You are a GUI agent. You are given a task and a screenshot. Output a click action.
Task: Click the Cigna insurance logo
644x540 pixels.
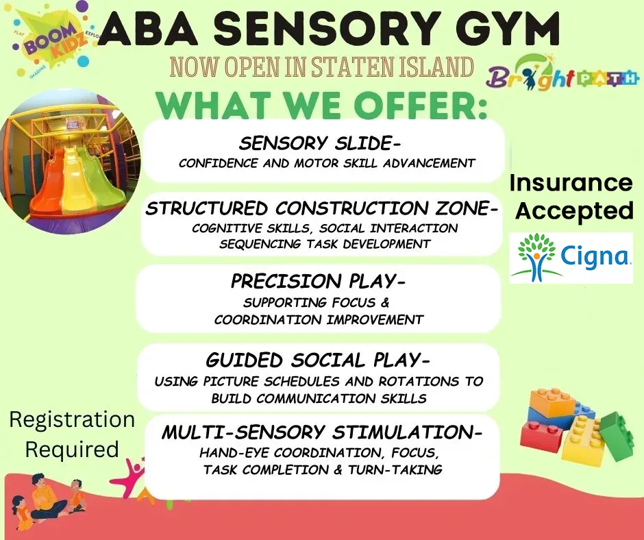(x=571, y=258)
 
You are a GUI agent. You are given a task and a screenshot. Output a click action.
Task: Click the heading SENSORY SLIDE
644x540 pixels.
(x=319, y=144)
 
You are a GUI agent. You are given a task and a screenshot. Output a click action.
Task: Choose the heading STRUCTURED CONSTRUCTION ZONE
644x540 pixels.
(x=322, y=208)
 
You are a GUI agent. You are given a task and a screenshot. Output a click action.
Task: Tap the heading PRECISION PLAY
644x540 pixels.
(x=318, y=282)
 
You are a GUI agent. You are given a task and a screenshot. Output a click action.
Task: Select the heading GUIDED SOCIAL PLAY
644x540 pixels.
(x=318, y=360)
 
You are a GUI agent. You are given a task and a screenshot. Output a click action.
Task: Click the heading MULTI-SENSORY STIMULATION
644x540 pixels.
(x=322, y=432)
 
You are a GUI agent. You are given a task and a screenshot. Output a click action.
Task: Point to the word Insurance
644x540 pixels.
(x=571, y=182)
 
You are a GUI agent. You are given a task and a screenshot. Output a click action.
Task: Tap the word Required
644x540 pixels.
(x=73, y=450)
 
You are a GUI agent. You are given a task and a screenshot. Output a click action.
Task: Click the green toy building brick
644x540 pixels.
(x=617, y=436)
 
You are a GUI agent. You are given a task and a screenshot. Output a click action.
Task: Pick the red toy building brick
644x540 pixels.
(x=541, y=437)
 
